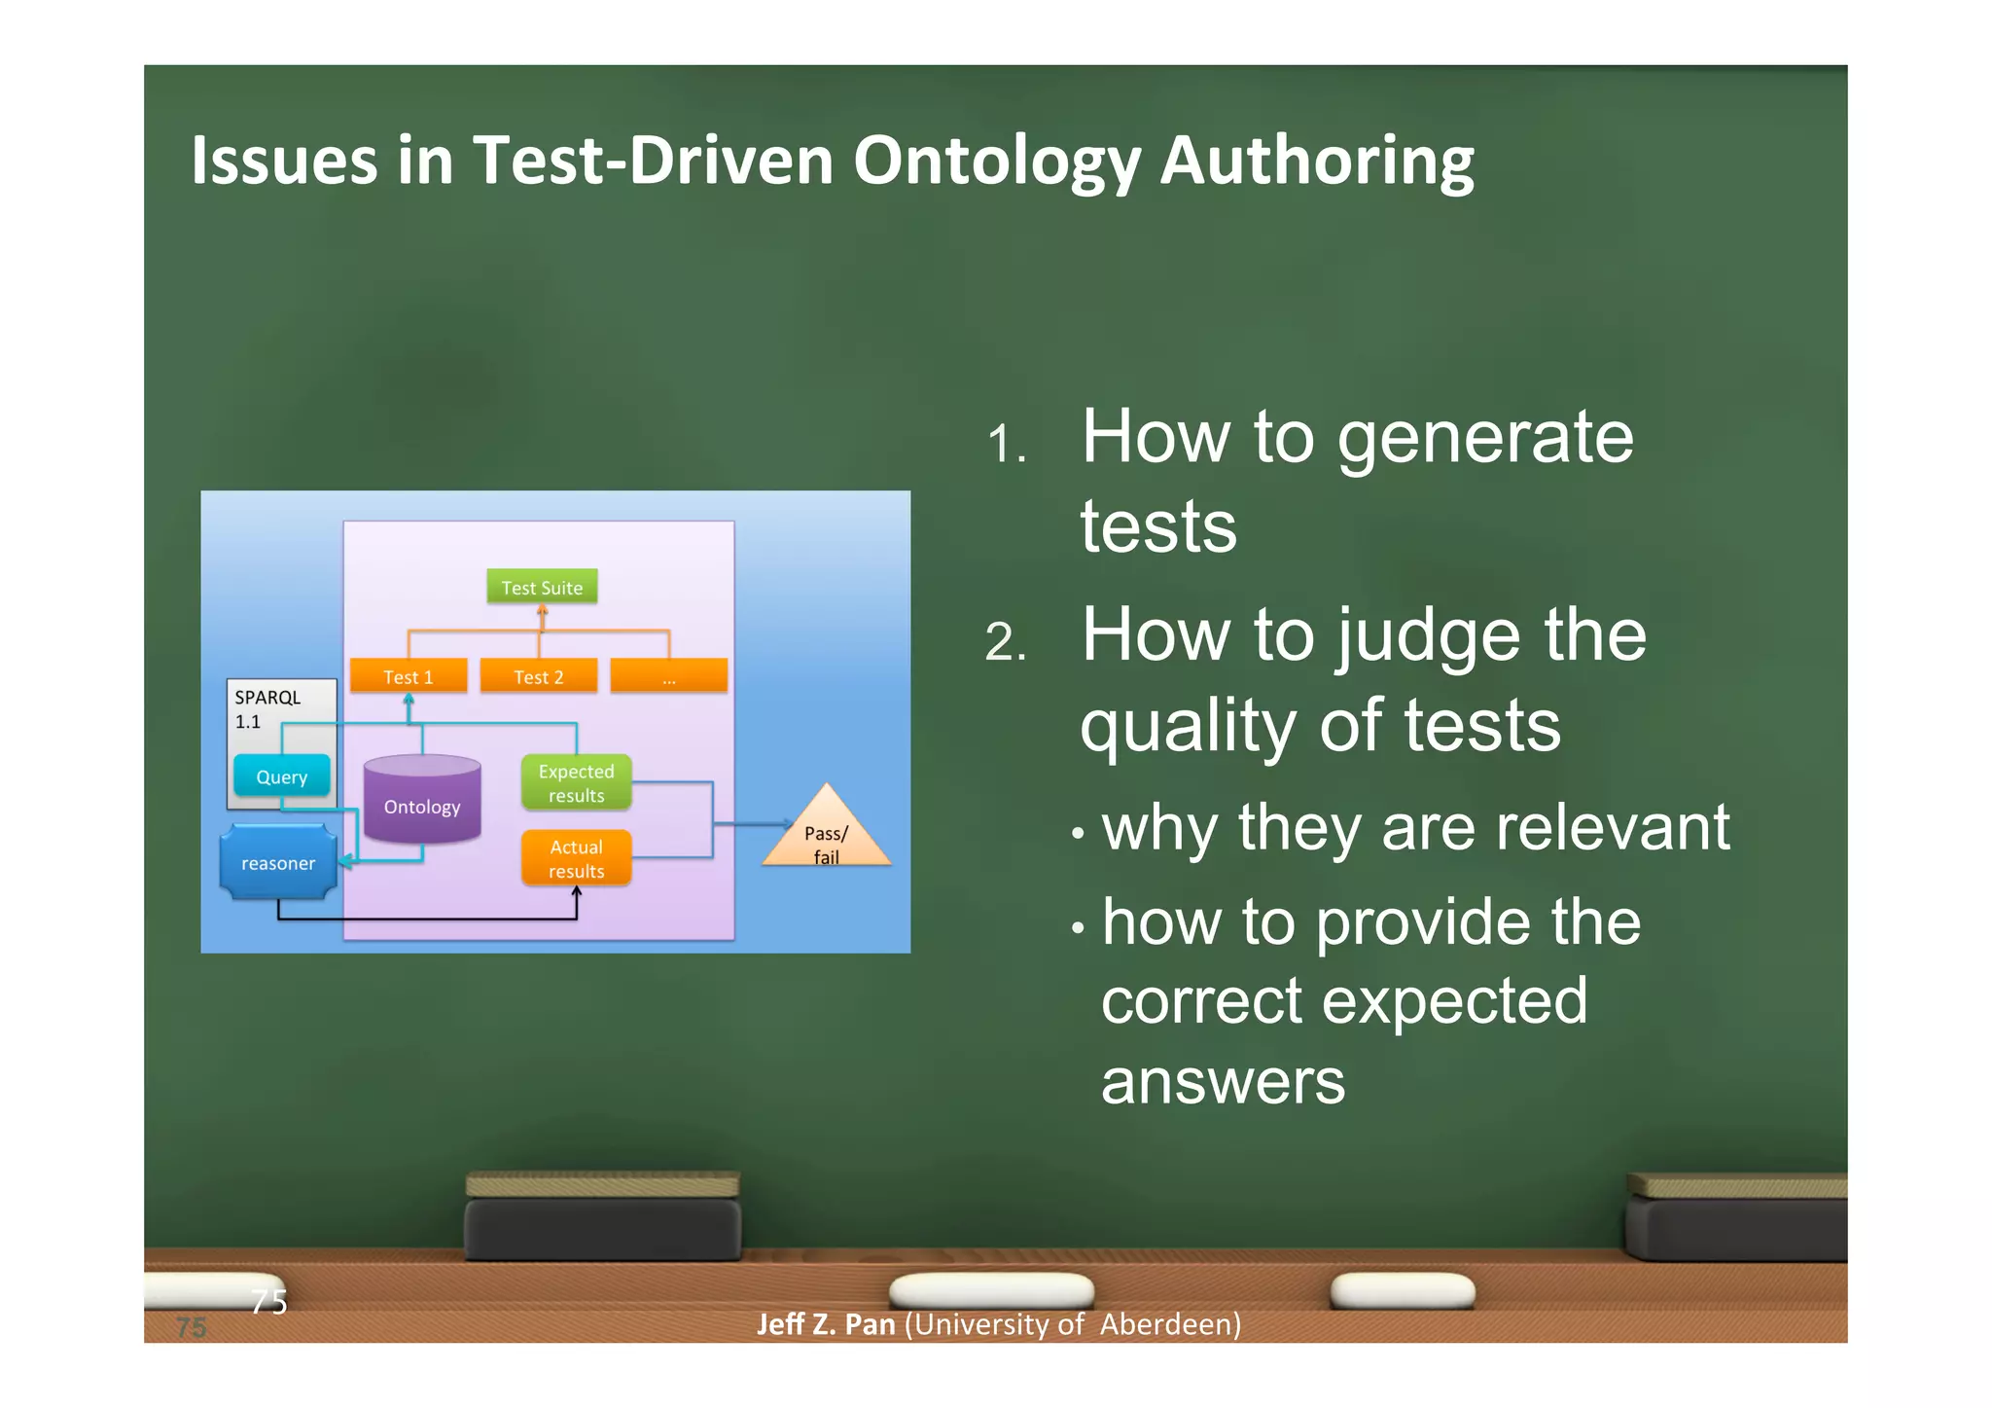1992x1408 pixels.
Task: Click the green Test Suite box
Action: point(542,587)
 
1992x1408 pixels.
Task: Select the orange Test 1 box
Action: point(409,676)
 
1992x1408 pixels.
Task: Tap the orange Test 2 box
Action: point(538,676)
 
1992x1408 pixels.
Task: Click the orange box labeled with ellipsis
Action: point(668,676)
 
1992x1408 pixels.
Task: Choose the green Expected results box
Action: point(576,782)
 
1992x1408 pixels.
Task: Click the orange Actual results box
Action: point(576,858)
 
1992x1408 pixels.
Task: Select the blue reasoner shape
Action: point(278,862)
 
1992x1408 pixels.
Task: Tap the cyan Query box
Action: point(281,776)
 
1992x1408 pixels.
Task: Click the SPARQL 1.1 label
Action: point(267,708)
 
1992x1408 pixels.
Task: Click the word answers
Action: point(1223,1081)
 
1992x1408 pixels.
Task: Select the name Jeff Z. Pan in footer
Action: point(826,1324)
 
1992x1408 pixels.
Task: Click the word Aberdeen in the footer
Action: point(1170,1324)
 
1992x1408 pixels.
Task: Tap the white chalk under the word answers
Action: point(991,1290)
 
